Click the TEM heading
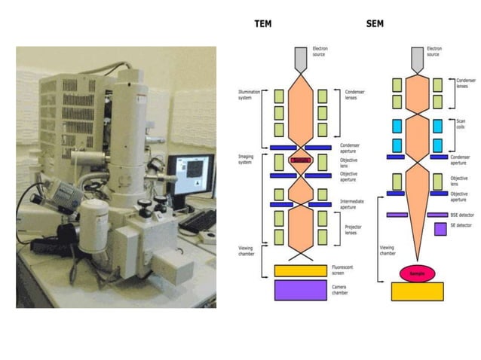(264, 24)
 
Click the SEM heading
(374, 24)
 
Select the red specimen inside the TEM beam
(300, 161)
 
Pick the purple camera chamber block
(300, 291)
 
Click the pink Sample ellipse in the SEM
(417, 273)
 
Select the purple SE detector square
(440, 228)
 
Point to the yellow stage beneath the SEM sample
(417, 291)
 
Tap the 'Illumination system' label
(249, 95)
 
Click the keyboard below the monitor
(198, 220)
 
